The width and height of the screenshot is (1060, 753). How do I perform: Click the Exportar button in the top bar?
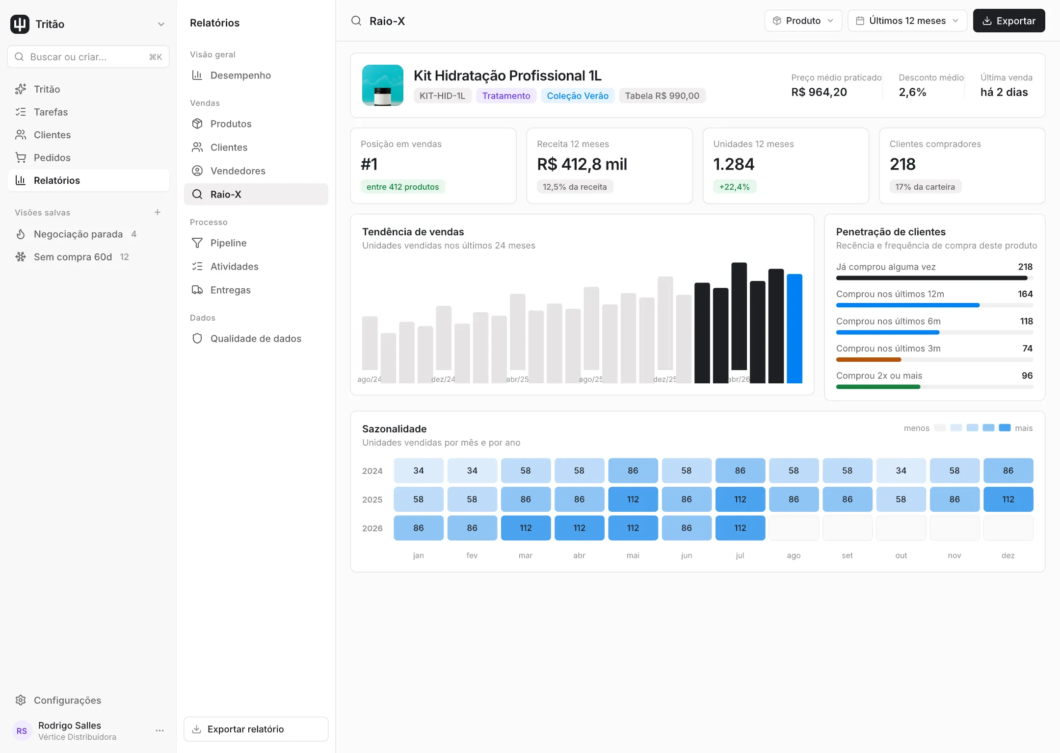(x=1008, y=21)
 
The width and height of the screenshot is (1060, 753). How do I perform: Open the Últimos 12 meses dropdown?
(x=907, y=21)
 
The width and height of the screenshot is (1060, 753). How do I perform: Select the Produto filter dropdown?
(x=803, y=21)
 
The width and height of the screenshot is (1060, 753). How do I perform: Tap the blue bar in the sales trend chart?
(x=795, y=328)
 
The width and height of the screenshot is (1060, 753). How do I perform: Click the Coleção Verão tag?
(x=578, y=96)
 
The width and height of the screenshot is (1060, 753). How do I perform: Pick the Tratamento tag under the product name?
(x=506, y=96)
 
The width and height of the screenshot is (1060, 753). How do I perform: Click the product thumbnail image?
(x=383, y=85)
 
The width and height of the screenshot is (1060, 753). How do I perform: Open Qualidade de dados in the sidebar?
(x=256, y=338)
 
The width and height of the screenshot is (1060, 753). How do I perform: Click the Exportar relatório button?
(x=256, y=729)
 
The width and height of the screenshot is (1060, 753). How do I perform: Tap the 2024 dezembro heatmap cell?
(x=1008, y=471)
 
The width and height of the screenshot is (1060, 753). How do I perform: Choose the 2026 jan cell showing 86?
(x=418, y=528)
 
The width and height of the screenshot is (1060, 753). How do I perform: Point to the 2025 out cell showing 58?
(x=901, y=499)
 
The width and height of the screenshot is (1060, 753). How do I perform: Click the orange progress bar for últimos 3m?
(x=869, y=360)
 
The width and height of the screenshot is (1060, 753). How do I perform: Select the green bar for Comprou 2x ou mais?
(x=878, y=387)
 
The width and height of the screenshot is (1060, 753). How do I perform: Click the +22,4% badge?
(x=734, y=187)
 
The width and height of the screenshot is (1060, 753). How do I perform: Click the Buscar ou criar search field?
(x=88, y=57)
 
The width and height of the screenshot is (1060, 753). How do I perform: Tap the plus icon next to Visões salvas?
(x=158, y=212)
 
